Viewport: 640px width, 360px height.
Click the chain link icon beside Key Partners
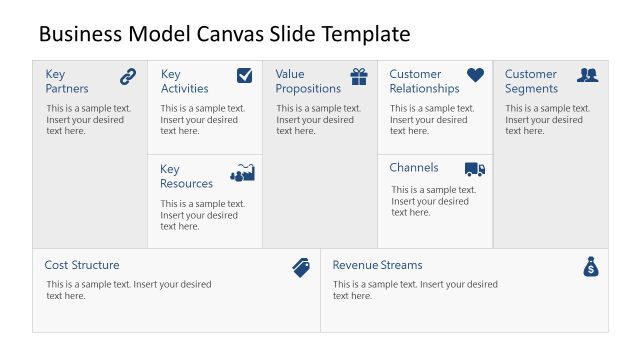coord(128,76)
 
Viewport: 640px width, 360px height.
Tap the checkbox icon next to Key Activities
coord(244,75)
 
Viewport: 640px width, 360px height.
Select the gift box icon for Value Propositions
coord(359,76)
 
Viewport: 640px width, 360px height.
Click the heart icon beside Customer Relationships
coord(475,75)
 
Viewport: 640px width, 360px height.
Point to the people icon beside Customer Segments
coord(588,75)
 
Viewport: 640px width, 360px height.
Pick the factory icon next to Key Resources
coord(243,173)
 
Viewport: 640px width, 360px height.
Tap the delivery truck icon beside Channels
coord(475,169)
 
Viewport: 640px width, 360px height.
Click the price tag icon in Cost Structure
coord(301,267)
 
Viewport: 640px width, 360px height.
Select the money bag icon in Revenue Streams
coord(591,267)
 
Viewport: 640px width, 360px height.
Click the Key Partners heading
coord(67,81)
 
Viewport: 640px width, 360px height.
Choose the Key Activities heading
coord(184,81)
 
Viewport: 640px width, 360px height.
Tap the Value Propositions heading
coord(308,81)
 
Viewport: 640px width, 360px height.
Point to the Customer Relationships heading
coord(424,81)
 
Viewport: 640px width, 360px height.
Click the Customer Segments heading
coord(531,81)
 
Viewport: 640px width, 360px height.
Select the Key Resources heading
coord(186,176)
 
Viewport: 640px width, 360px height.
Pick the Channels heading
coord(414,167)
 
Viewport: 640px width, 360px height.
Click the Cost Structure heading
coord(82,265)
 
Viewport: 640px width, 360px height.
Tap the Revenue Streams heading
coord(377,265)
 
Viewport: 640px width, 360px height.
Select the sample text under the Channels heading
coord(434,201)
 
